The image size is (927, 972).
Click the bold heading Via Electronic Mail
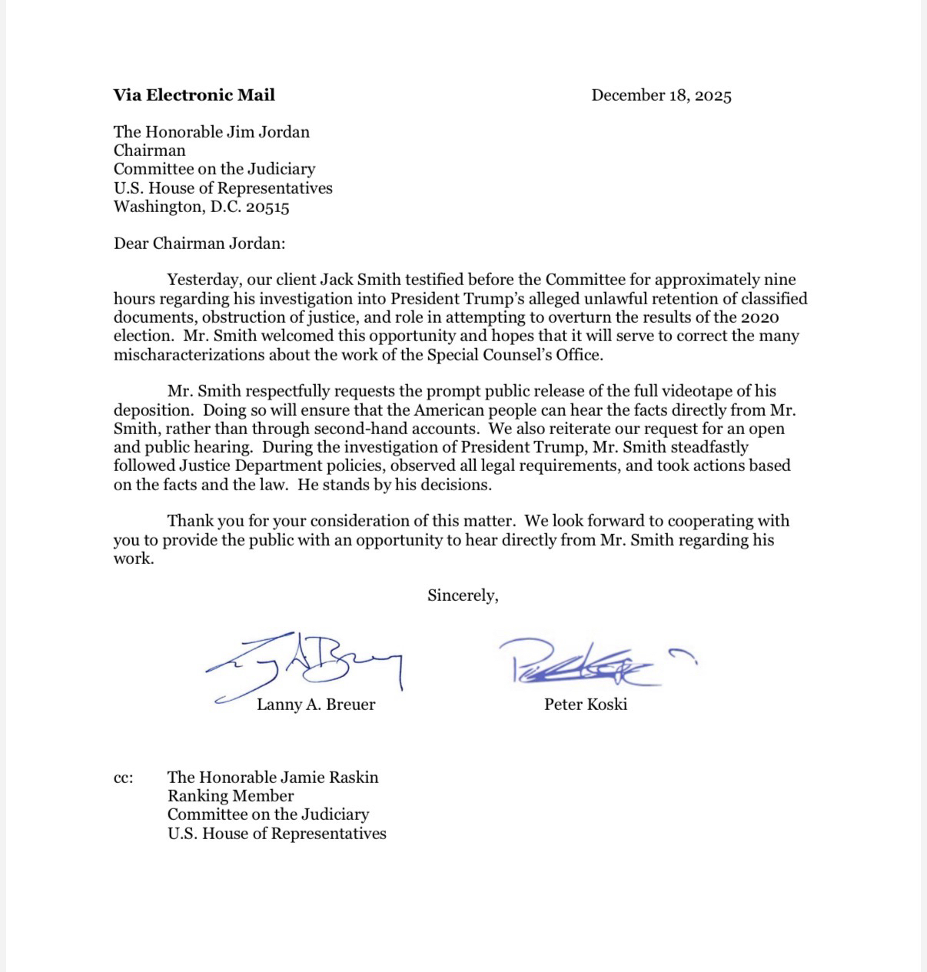coord(194,95)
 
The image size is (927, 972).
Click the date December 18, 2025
coord(661,95)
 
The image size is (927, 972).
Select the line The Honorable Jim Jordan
coord(211,132)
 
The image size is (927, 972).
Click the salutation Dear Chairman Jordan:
coord(199,244)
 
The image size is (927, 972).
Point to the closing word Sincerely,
coord(463,595)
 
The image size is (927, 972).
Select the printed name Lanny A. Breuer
coord(316,705)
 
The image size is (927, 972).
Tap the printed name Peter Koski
coord(586,705)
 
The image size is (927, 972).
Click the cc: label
coord(123,778)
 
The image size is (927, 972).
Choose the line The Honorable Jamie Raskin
coord(273,778)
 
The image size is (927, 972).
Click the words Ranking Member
coord(231,796)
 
